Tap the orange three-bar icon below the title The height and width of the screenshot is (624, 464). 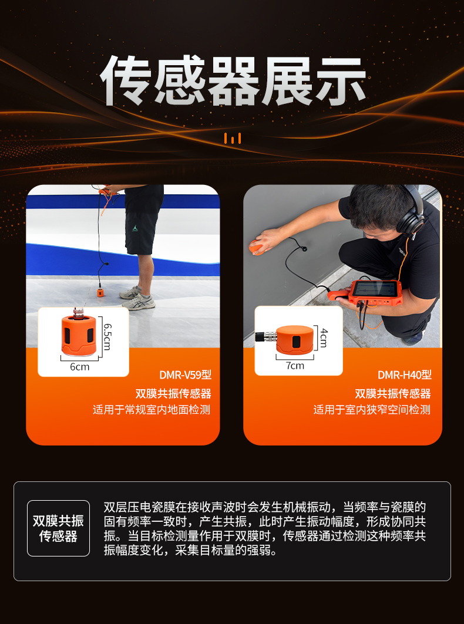(x=233, y=139)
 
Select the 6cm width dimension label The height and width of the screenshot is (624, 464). (x=79, y=367)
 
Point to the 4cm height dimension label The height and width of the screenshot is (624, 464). (x=324, y=338)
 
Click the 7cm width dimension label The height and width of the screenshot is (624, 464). (x=295, y=366)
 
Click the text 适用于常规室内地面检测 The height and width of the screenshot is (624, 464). (x=152, y=410)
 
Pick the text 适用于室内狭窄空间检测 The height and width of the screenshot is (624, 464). (x=372, y=410)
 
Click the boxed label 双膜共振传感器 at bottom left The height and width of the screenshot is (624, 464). (x=58, y=528)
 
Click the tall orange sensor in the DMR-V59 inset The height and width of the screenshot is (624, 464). (x=79, y=336)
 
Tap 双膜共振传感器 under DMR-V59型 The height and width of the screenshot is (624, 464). (x=173, y=393)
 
